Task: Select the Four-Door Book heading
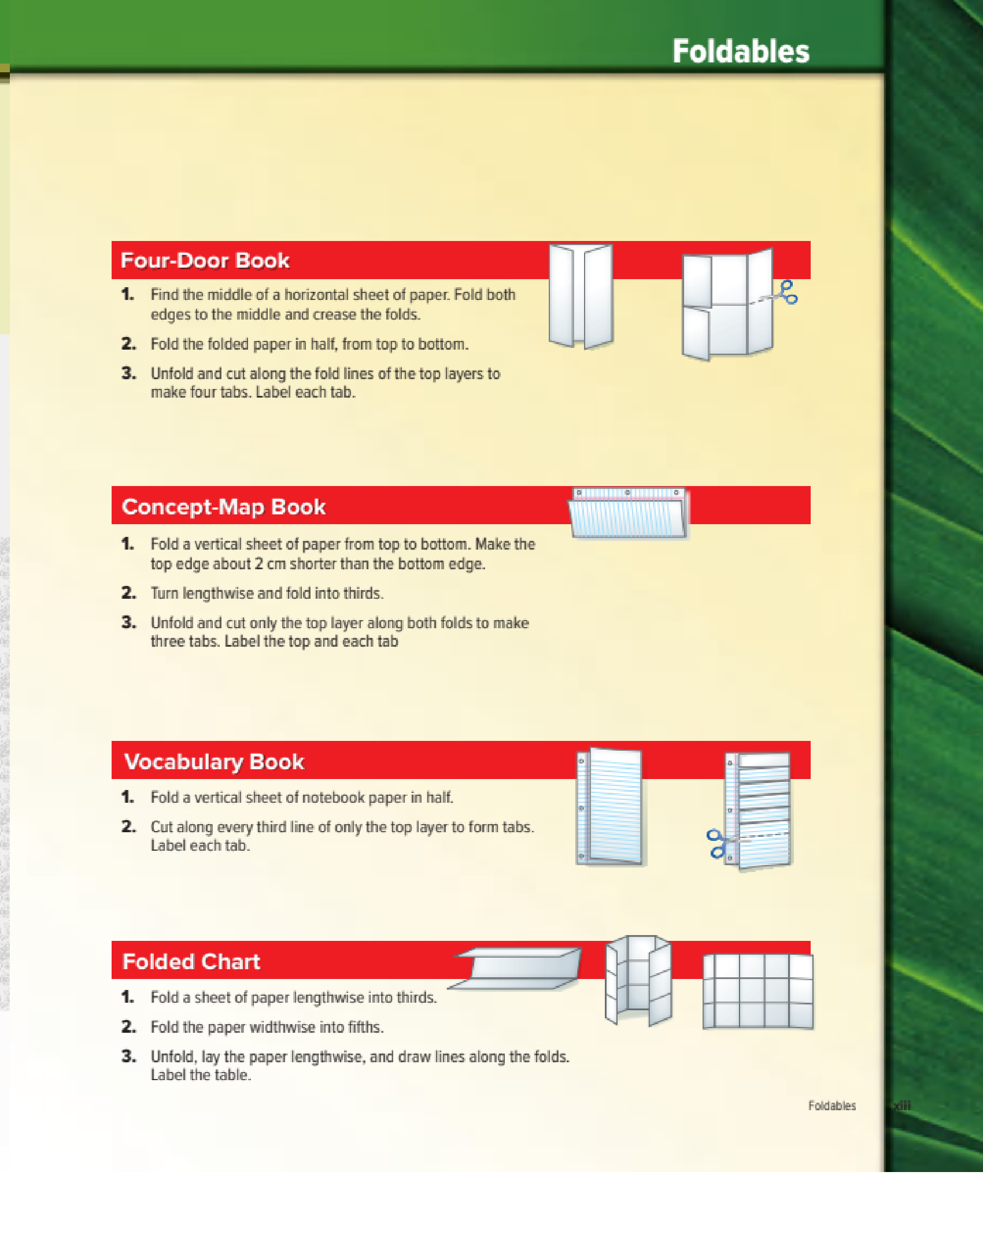coord(205,261)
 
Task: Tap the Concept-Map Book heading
coord(224,507)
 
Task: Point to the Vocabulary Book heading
coord(214,762)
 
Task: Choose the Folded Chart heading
coord(191,962)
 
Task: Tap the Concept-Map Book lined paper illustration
coord(629,513)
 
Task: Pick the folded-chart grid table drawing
coord(758,991)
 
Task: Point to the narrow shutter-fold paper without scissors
coord(581,296)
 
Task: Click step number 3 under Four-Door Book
coord(128,373)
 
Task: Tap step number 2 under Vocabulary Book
coord(128,826)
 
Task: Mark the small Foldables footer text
coord(832,1106)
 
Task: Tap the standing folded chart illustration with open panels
coord(638,980)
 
